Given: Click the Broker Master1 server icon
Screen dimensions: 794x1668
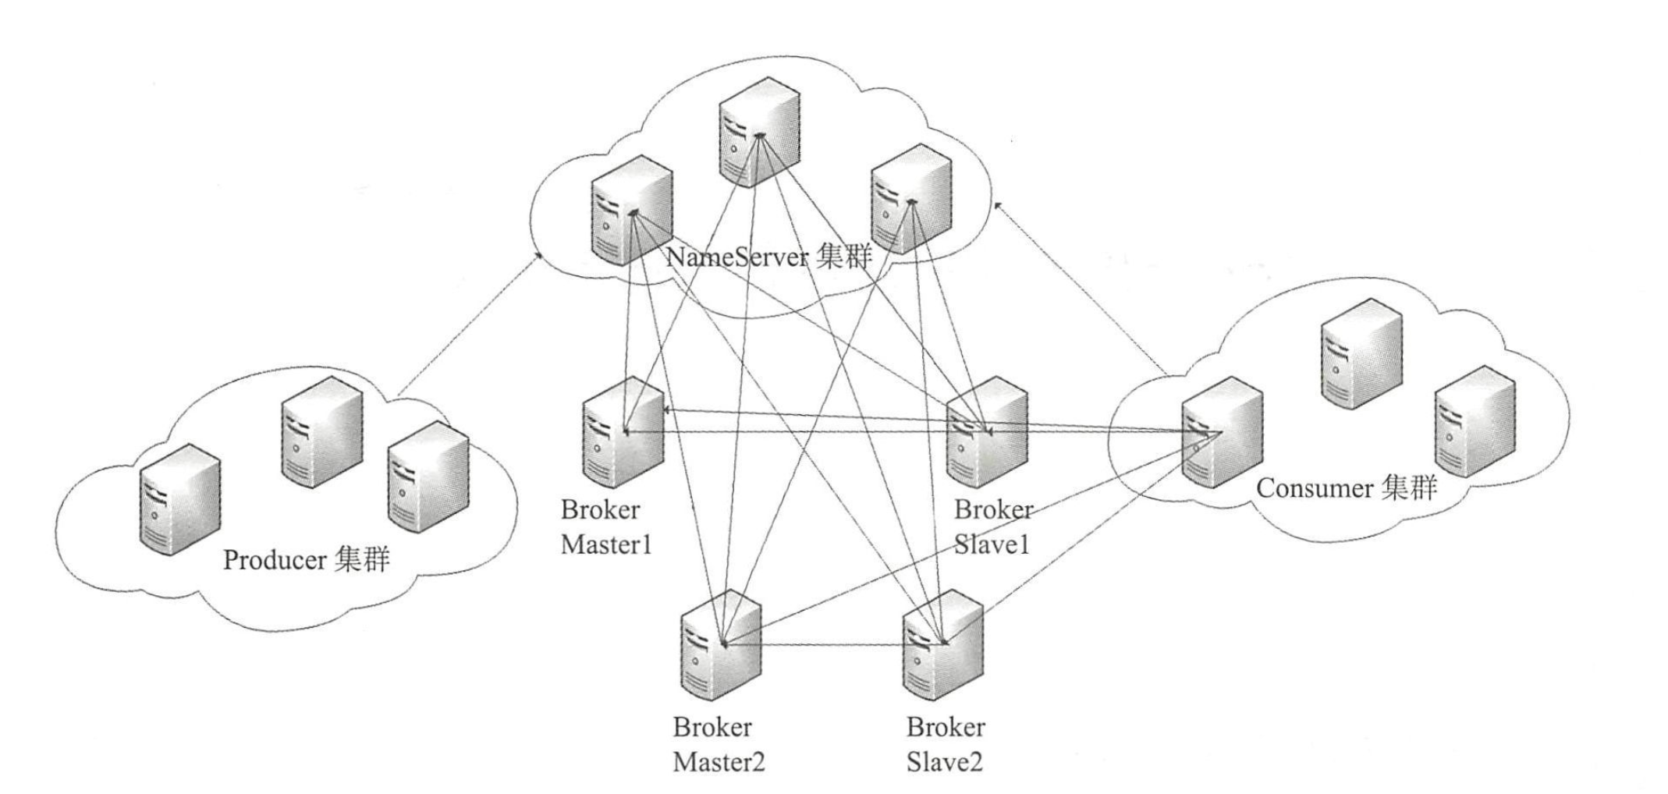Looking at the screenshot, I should [x=623, y=434].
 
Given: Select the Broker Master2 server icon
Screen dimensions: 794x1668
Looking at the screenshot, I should [x=720, y=645].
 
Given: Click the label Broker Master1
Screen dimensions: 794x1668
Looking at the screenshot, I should [x=605, y=526].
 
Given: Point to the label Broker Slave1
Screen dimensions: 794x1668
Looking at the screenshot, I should [x=992, y=526].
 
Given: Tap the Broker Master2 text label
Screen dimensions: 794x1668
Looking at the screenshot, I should [x=719, y=744].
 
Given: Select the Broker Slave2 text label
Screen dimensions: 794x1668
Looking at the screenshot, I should [x=945, y=744].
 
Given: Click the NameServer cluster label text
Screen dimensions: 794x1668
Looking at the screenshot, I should [x=768, y=257].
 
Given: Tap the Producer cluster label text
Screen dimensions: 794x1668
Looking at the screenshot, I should [x=306, y=560].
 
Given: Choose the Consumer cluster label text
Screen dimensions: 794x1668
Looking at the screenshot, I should [x=1346, y=489].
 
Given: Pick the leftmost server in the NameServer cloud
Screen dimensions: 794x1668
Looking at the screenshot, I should [x=631, y=210].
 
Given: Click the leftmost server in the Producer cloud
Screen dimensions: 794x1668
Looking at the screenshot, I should [x=180, y=498].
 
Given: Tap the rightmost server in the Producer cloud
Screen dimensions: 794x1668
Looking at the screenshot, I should [x=428, y=477].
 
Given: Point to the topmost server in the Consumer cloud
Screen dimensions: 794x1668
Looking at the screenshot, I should [x=1361, y=353].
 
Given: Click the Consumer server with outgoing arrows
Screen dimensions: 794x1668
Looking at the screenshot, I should [x=1221, y=432].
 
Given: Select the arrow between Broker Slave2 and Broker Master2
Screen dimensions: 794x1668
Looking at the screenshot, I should [x=831, y=645].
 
